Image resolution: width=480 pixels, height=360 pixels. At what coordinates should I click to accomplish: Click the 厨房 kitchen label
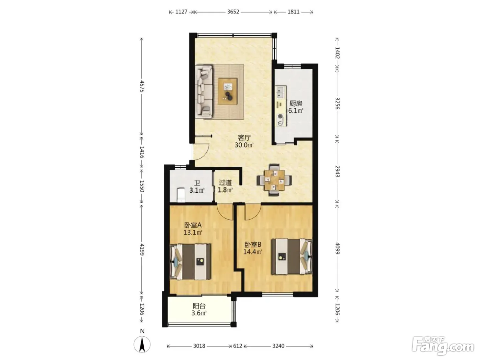tap(296, 103)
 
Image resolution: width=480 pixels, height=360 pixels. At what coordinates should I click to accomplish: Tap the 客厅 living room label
tap(244, 138)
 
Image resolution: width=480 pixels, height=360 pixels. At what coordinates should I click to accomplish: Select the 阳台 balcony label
tap(199, 305)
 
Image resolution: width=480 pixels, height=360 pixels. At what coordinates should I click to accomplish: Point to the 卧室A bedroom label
tap(193, 225)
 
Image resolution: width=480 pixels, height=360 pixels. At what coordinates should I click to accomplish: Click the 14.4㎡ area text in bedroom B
tap(253, 252)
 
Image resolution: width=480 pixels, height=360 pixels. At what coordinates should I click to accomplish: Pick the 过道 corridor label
tap(225, 182)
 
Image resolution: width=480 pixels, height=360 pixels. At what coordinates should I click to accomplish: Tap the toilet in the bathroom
tap(181, 195)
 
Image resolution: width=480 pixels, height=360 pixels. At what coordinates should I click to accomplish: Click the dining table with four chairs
tap(274, 180)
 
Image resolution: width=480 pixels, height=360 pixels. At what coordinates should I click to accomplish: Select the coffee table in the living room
tap(227, 91)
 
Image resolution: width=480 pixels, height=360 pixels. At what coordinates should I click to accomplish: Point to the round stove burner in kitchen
tap(280, 117)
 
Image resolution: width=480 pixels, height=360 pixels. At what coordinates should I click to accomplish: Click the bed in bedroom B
tap(292, 256)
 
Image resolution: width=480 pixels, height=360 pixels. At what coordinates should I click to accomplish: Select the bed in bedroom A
tap(191, 262)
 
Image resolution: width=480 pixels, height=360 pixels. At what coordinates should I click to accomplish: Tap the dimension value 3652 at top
tap(233, 12)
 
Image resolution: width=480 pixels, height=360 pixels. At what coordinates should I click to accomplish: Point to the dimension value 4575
tap(142, 86)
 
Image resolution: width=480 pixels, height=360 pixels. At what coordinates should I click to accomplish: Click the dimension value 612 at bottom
tap(238, 346)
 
